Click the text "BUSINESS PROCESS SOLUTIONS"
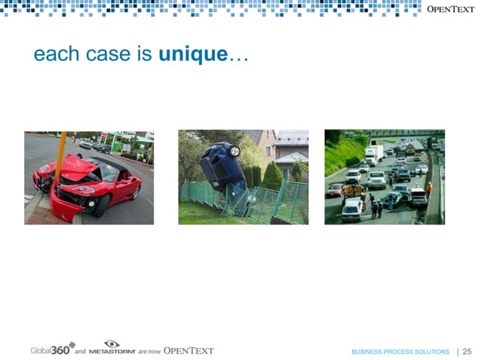click(400, 352)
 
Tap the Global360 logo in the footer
click(52, 349)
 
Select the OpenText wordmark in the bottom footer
click(188, 350)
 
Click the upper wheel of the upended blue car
click(234, 151)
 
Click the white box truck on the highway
click(374, 154)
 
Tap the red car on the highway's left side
click(334, 190)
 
